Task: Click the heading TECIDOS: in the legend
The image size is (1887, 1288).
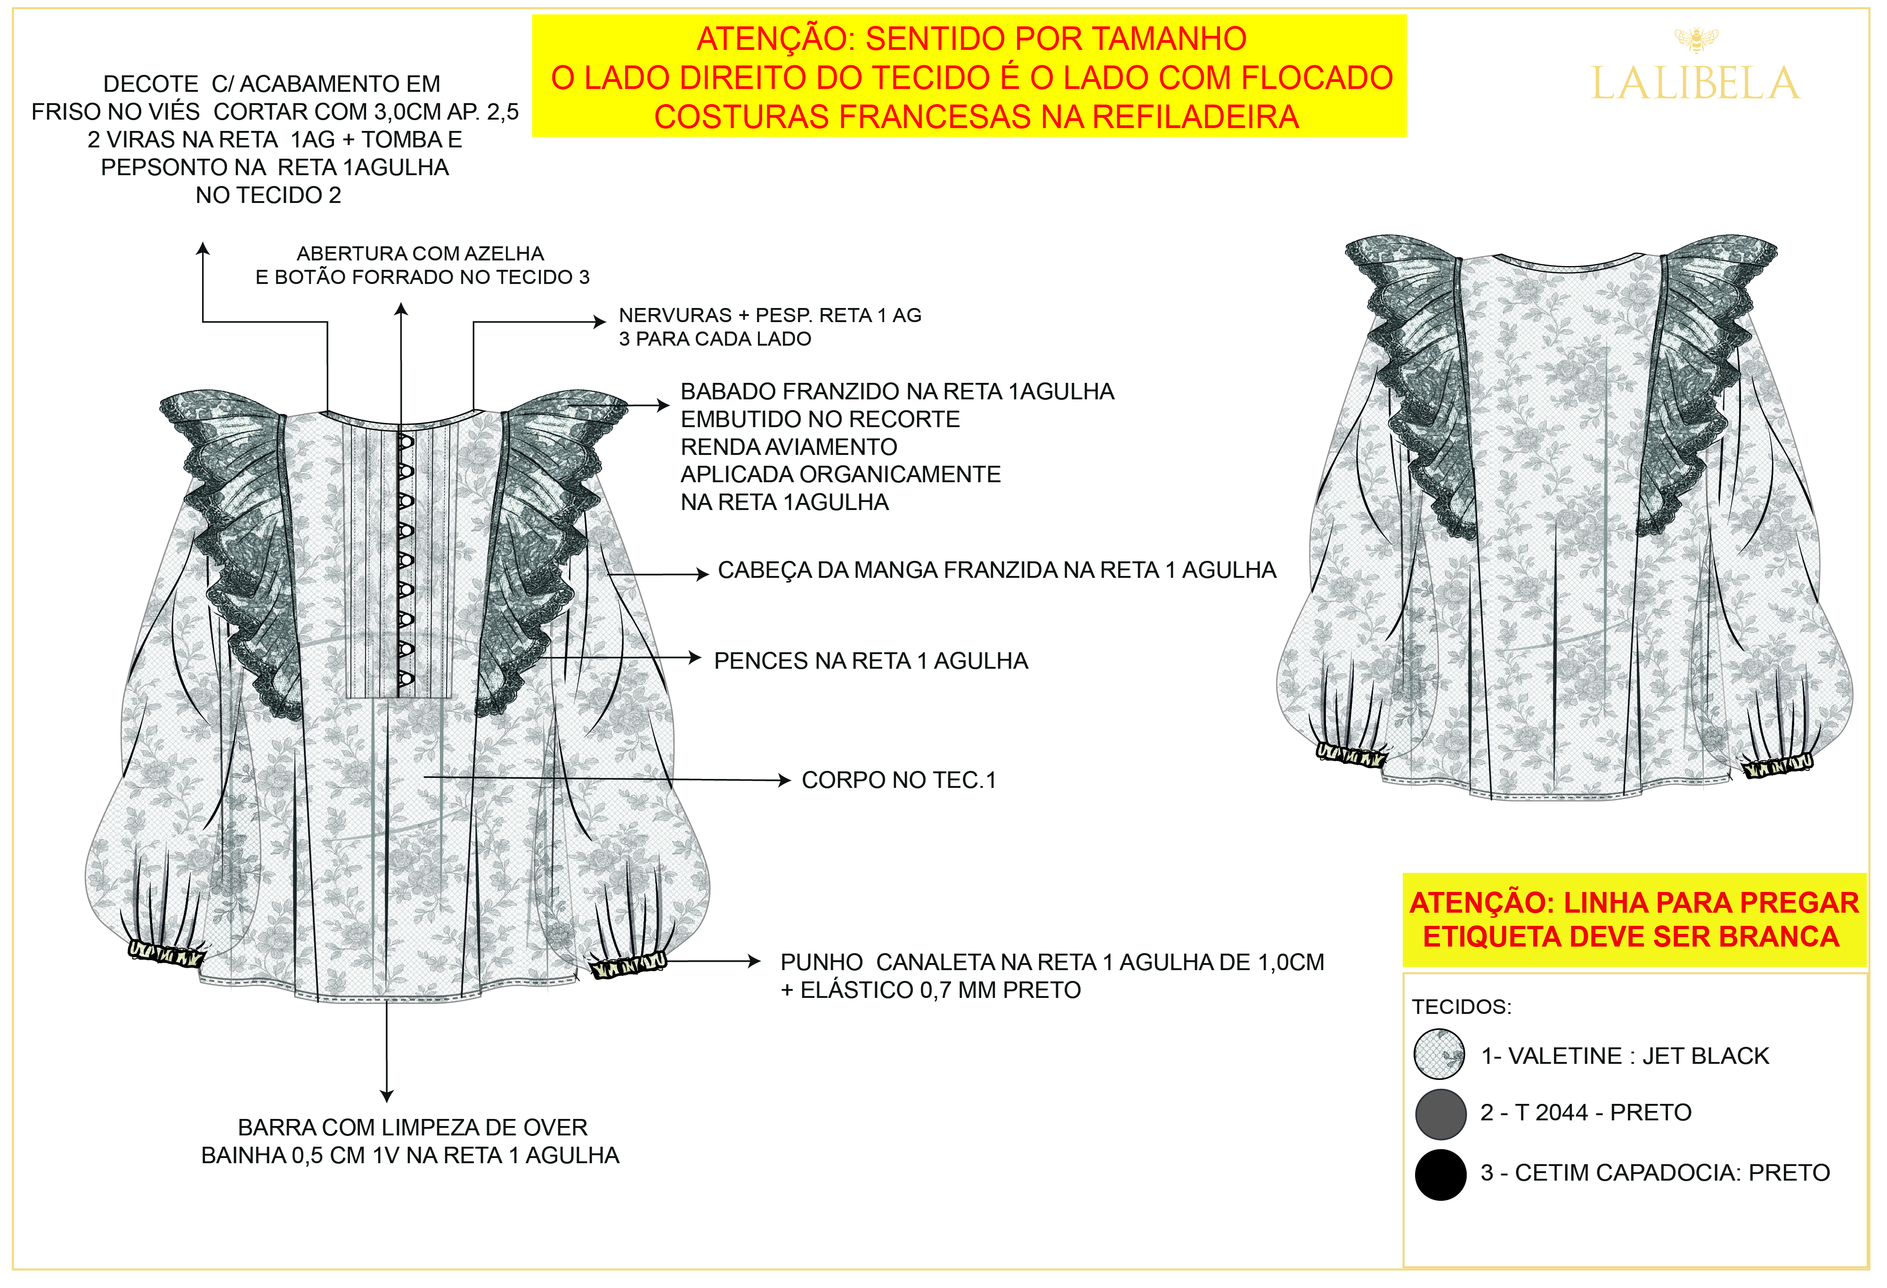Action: [x=1462, y=1007]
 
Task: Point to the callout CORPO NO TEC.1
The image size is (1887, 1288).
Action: [x=898, y=780]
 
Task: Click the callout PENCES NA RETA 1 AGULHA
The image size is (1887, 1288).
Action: [x=870, y=661]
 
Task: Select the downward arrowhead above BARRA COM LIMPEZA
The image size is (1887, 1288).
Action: [x=387, y=1096]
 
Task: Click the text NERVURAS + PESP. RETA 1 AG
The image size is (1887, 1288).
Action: [x=770, y=315]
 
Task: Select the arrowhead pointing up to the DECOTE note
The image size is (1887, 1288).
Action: [x=203, y=248]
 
